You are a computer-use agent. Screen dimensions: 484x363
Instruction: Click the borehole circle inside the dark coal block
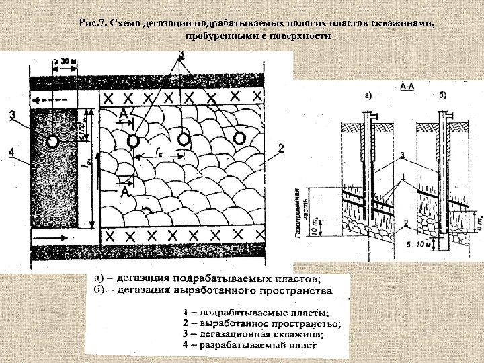pos(52,141)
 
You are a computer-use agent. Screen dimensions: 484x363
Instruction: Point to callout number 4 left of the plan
pos(11,153)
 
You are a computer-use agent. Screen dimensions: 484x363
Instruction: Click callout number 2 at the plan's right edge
pos(280,147)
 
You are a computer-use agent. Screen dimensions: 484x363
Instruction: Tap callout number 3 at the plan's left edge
pos(13,115)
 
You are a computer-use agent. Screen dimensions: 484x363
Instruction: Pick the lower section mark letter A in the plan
pos(124,193)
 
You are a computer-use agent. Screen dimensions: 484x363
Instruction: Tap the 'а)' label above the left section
pos(368,96)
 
